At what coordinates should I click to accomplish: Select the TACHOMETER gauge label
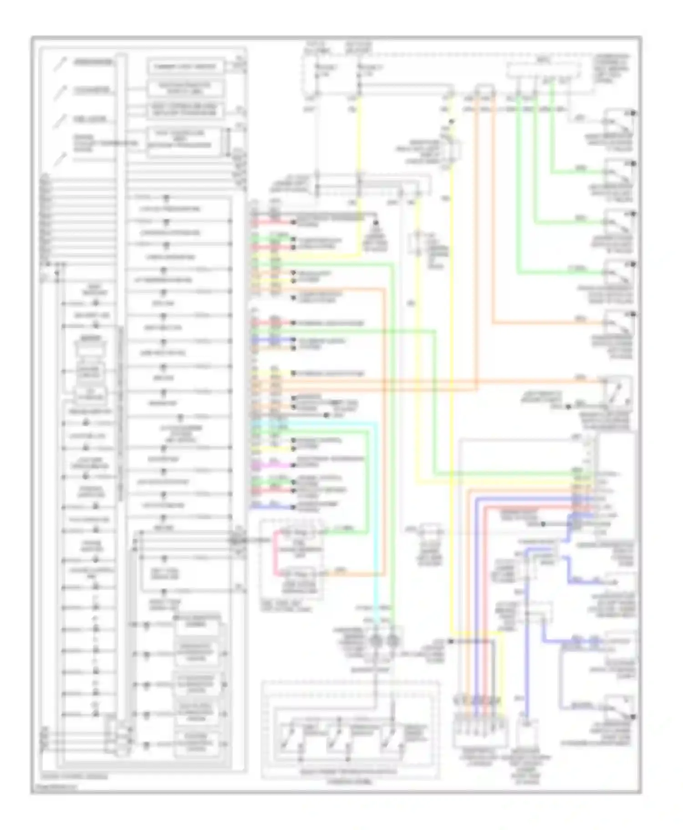pyautogui.click(x=92, y=91)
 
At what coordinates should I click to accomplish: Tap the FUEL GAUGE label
pyautogui.click(x=90, y=120)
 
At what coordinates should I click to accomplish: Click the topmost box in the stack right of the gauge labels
pyautogui.click(x=185, y=66)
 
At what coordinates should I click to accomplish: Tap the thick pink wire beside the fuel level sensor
pyautogui.click(x=275, y=553)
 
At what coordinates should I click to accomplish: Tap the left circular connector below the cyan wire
pyautogui.click(x=376, y=641)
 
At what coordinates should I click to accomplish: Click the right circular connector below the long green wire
pyautogui.click(x=392, y=641)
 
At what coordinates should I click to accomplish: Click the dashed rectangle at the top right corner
pyautogui.click(x=544, y=71)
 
